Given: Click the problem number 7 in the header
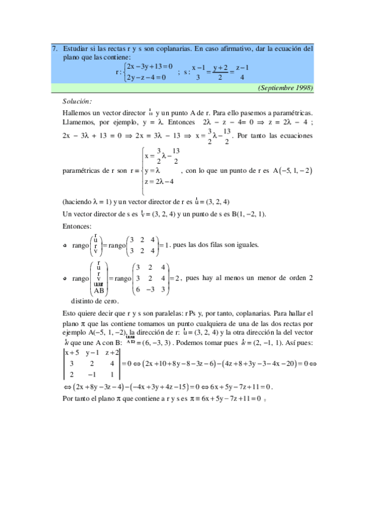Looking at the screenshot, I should coord(54,48).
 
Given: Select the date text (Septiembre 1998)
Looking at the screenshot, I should coord(286,88).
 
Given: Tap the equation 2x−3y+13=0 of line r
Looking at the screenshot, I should coord(150,66).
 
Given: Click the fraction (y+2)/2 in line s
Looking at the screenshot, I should coord(220,71).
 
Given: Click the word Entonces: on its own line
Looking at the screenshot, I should coord(77,226).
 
